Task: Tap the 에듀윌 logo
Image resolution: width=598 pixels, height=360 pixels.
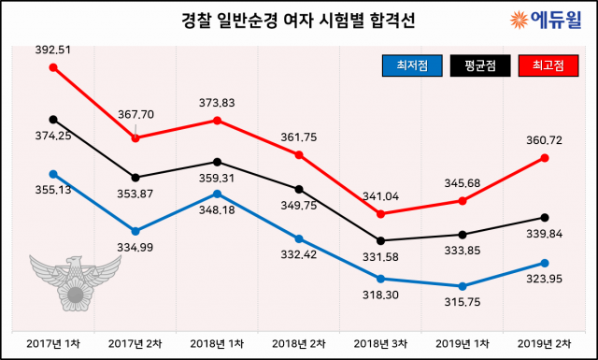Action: [x=546, y=19]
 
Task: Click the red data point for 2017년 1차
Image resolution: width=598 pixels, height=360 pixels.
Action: [x=53, y=67]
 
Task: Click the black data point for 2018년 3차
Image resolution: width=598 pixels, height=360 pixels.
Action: [x=381, y=240]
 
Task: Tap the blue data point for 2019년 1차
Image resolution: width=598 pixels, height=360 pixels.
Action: [x=463, y=286]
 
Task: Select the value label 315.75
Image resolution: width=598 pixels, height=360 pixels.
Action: [x=463, y=304]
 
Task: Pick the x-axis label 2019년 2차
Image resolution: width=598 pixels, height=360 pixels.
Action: [x=545, y=343]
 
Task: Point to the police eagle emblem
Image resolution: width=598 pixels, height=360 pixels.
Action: [x=74, y=281]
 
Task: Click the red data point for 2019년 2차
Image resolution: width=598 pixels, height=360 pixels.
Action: [x=545, y=158]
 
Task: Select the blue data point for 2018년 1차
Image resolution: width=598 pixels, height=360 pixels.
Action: [x=218, y=194]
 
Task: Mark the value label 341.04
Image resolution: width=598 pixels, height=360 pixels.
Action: [x=382, y=196]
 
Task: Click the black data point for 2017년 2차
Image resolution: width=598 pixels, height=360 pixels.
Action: [x=135, y=178]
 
